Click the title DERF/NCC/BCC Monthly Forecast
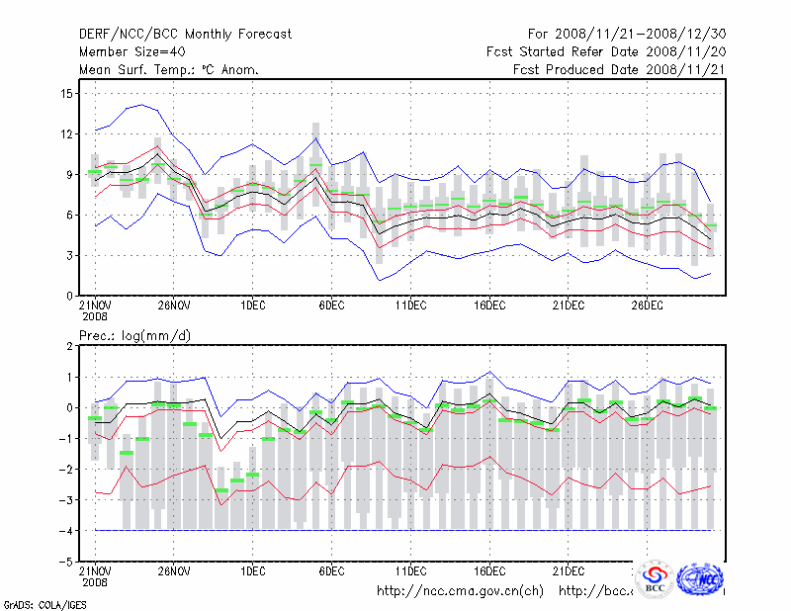[185, 34]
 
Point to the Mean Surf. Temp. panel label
[169, 69]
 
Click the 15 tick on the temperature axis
[67, 93]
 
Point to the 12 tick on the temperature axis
[67, 133]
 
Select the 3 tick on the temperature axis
[70, 255]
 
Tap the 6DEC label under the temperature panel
[331, 305]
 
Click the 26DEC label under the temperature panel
[647, 305]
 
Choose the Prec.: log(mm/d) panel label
[135, 336]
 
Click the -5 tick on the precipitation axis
[67, 561]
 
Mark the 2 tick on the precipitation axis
[70, 346]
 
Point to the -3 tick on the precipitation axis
[67, 499]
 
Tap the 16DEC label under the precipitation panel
[489, 570]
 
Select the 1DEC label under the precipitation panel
[252, 570]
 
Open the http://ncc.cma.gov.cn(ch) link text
[460, 591]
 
